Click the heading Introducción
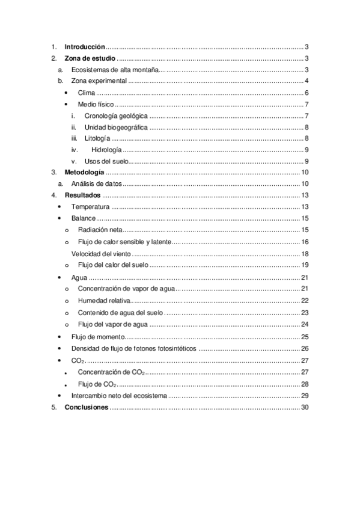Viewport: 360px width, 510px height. click(x=85, y=46)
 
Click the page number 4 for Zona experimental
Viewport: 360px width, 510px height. click(x=306, y=81)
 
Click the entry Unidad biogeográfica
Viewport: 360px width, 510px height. click(x=115, y=127)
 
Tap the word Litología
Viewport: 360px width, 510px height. click(x=97, y=138)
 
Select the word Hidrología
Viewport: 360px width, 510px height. click(x=106, y=150)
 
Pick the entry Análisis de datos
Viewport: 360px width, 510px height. click(x=96, y=183)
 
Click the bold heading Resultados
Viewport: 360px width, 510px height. click(x=82, y=195)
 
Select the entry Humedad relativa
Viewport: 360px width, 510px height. click(x=104, y=301)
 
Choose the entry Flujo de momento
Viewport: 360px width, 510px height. click(x=97, y=337)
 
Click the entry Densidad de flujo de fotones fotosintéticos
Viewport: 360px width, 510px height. click(x=133, y=349)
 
